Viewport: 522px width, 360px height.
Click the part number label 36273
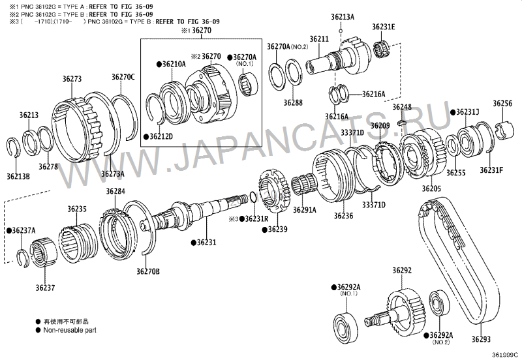pos(72,78)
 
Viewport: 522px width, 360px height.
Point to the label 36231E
pos(384,27)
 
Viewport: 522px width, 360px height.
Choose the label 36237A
pos(23,230)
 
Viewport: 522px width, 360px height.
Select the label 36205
pos(431,188)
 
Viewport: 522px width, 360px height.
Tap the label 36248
pos(402,107)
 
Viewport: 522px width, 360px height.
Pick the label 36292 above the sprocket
pos(402,270)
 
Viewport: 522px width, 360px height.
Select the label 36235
pos(76,209)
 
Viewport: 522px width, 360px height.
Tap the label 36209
pos(380,125)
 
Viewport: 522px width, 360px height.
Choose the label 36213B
pos(18,176)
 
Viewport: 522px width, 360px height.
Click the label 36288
pos(293,102)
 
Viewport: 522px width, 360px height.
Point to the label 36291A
pos(304,210)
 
